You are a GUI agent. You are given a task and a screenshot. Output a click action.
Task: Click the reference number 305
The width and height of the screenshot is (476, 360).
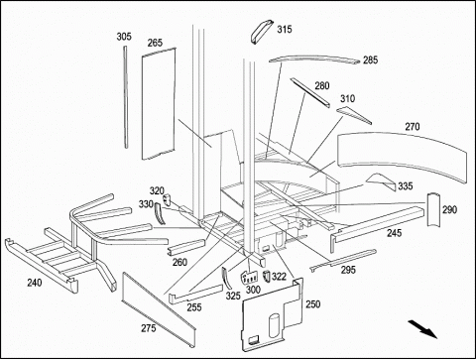[124, 37]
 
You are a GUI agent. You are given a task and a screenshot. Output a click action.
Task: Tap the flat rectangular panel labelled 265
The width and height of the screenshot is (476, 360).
[159, 103]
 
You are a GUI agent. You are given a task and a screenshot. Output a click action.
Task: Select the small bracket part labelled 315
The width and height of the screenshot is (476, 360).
[262, 32]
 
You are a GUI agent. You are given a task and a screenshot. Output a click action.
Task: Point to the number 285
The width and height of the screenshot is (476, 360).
[370, 60]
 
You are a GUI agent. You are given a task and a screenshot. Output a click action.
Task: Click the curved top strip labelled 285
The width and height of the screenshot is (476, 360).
[314, 59]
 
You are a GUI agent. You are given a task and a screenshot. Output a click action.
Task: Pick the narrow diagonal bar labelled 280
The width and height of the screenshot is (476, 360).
[309, 92]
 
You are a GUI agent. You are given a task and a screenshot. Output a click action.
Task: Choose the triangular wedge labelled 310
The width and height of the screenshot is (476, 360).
[354, 115]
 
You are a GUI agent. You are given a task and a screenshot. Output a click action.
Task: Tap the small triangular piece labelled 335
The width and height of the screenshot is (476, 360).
[381, 181]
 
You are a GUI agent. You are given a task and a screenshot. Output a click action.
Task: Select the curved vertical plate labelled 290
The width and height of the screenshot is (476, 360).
[433, 209]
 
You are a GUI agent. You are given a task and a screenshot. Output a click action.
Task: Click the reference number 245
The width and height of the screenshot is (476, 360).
[395, 233]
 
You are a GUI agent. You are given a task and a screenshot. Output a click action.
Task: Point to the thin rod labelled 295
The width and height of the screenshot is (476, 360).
[343, 260]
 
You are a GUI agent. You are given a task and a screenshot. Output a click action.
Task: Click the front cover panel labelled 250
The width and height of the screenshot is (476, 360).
[273, 314]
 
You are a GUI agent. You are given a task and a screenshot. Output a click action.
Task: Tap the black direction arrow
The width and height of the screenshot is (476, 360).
[422, 329]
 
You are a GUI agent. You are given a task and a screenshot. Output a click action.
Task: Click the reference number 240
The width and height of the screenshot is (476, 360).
[35, 283]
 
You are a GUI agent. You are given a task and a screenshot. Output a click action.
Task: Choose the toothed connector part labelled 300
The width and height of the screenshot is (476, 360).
[250, 277]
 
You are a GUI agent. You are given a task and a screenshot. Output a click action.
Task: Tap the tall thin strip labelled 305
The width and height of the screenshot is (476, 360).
[126, 97]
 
